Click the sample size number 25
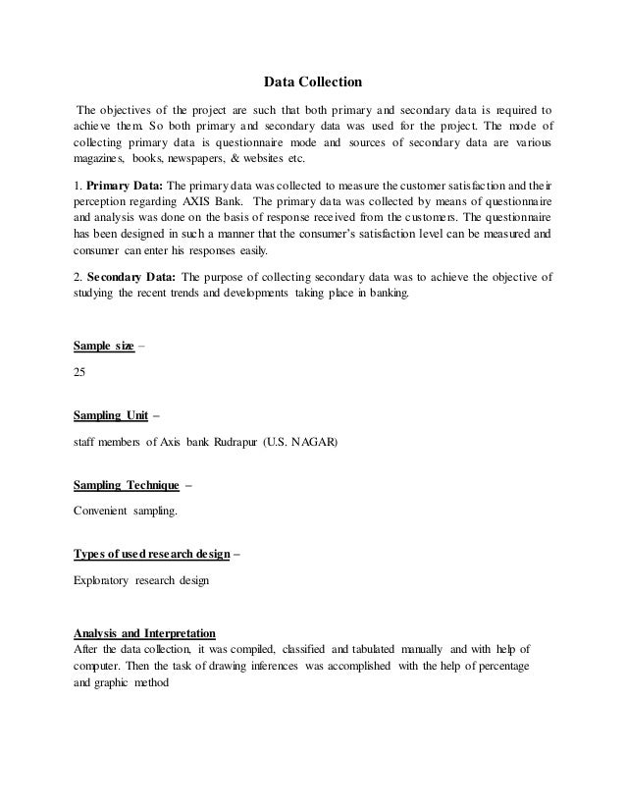pyautogui.click(x=80, y=373)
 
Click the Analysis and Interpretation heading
pyautogui.click(x=145, y=632)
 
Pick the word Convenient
pyautogui.click(x=105, y=511)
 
